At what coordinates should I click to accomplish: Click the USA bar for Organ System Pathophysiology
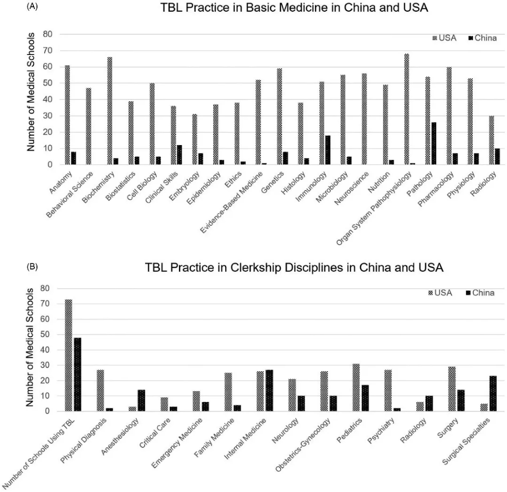[x=407, y=109]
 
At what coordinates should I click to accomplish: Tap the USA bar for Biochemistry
[x=110, y=111]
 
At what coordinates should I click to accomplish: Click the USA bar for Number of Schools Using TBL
[x=69, y=355]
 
